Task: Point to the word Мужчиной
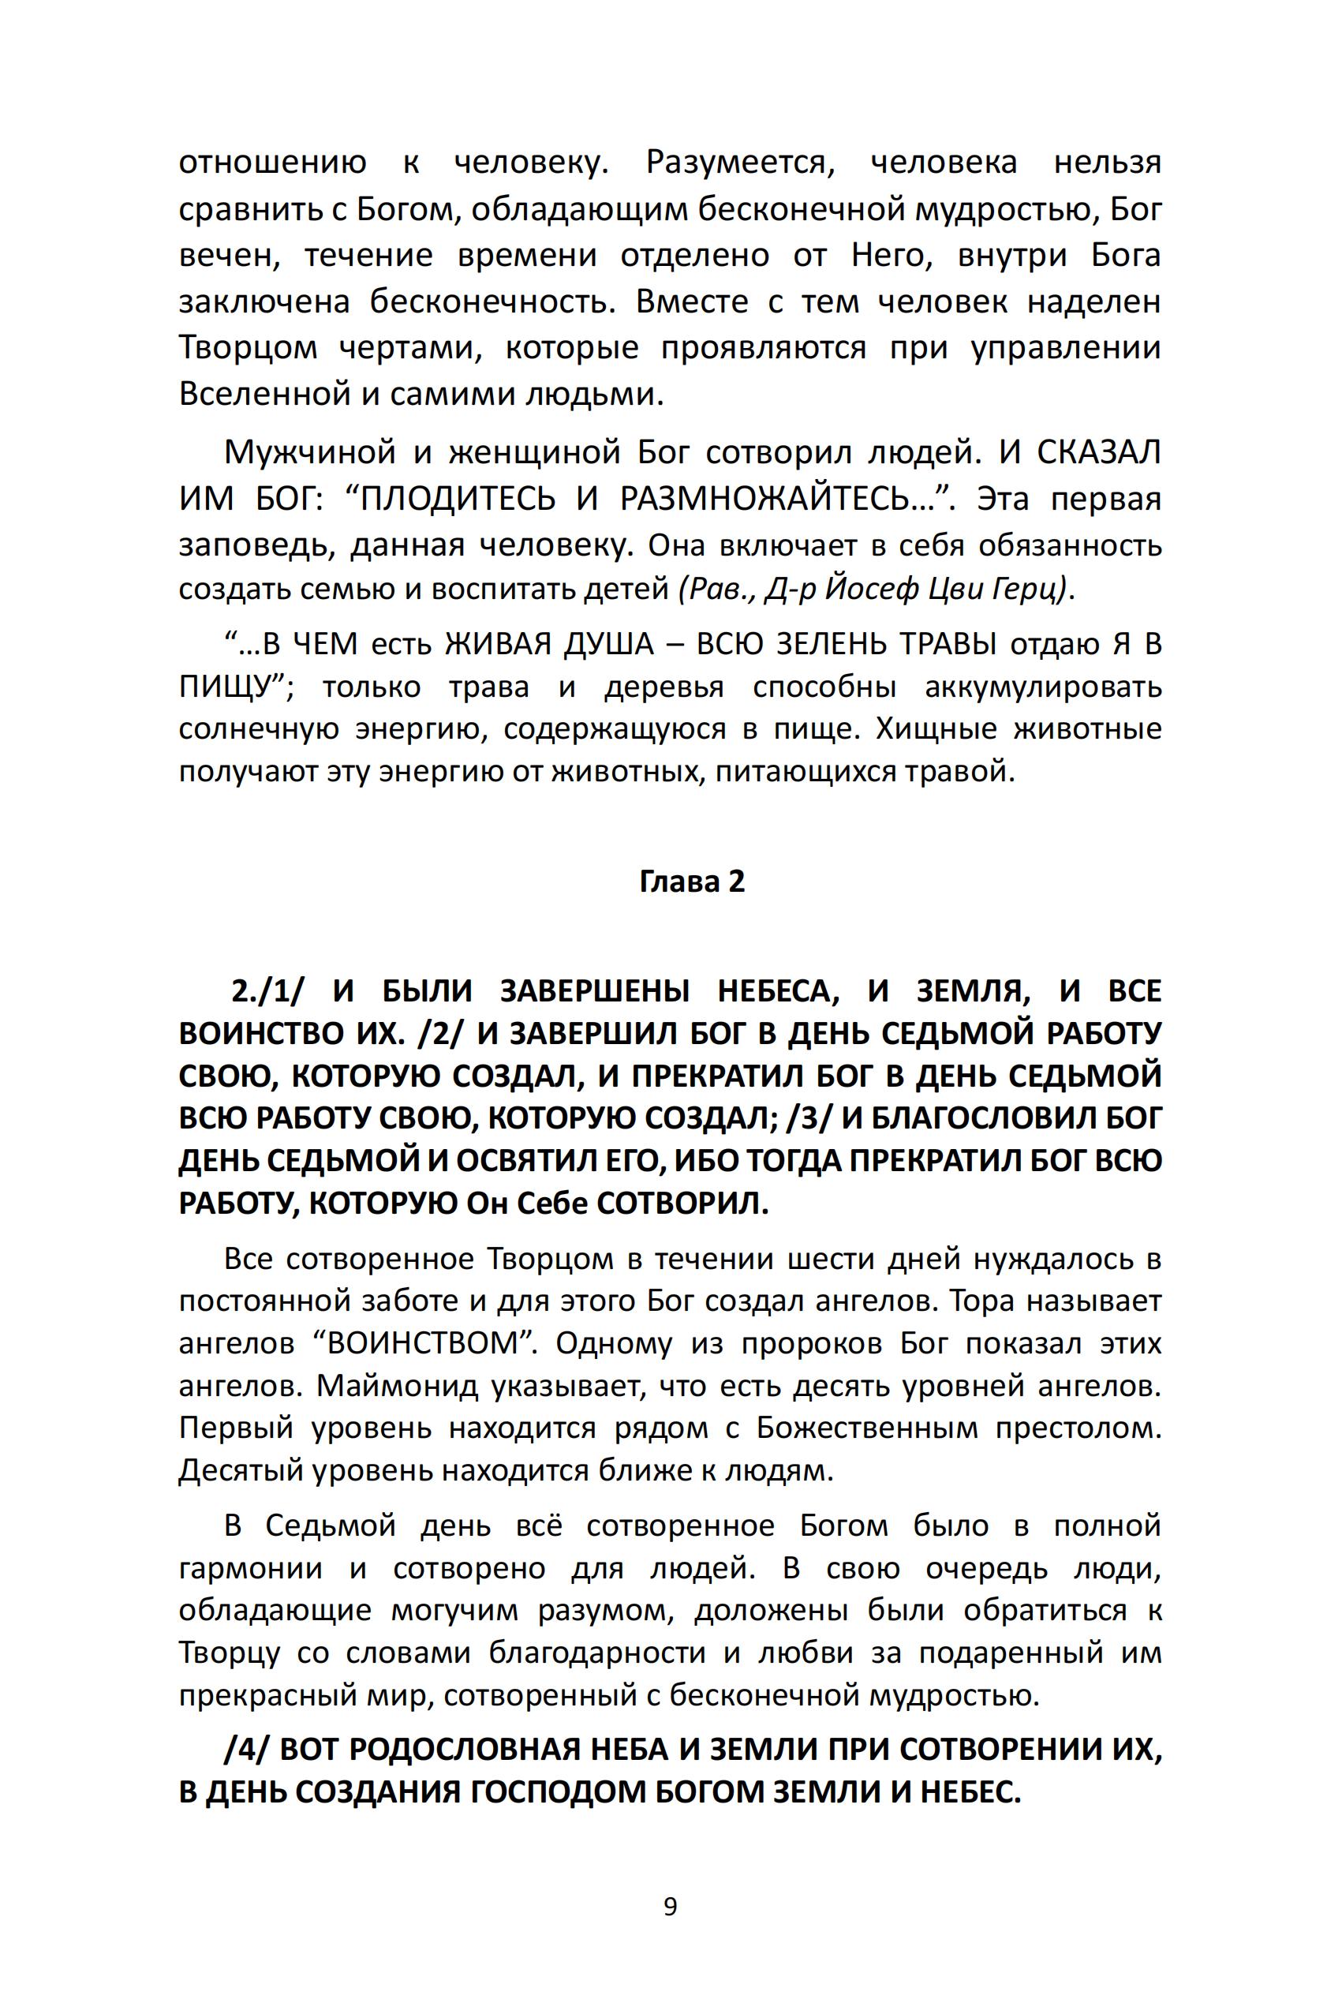[310, 452]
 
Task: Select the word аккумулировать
[1043, 687]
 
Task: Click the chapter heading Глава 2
[692, 882]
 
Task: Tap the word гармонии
[251, 1568]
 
